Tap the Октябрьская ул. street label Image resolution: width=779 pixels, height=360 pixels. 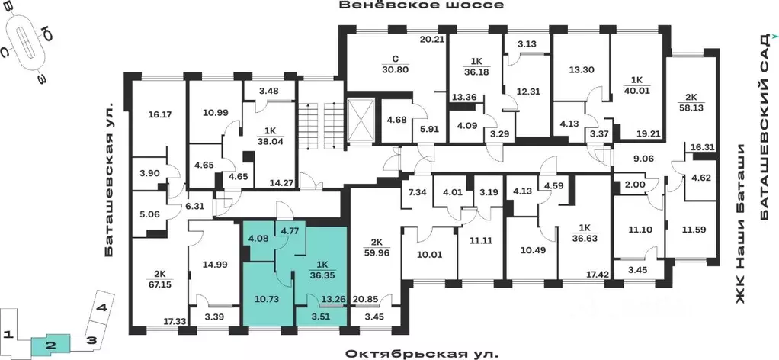(x=422, y=354)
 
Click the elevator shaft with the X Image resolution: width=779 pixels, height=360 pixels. (x=360, y=121)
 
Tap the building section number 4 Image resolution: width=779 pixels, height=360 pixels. (x=101, y=308)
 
